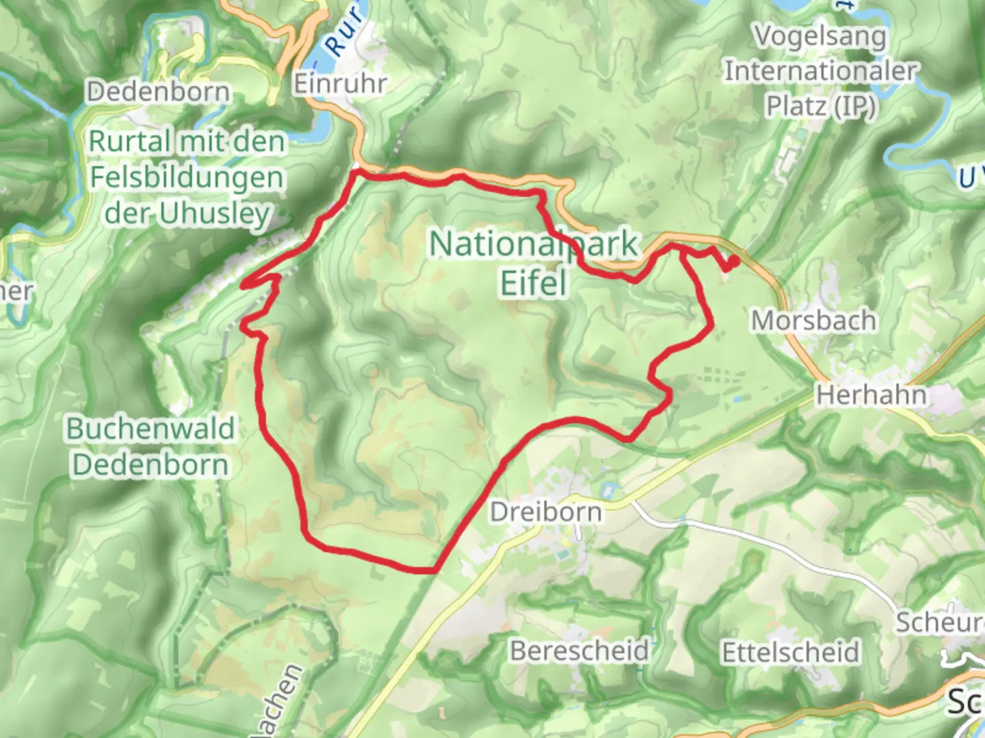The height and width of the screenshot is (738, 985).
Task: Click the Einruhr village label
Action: tap(340, 84)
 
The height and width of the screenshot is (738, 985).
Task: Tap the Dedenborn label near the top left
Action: tap(158, 92)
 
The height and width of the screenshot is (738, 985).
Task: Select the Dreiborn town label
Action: tap(546, 512)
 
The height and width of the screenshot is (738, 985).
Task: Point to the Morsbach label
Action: tap(813, 320)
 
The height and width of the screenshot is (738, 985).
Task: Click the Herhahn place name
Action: tap(871, 395)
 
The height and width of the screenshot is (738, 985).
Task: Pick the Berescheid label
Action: tap(580, 651)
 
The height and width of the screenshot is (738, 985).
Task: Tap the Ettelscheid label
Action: tap(791, 652)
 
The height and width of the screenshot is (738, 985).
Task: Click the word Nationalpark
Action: tap(534, 244)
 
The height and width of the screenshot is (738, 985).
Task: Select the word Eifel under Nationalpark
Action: tap(534, 282)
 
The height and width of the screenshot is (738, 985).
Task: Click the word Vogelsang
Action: tap(820, 36)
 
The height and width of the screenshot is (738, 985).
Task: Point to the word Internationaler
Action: tap(820, 70)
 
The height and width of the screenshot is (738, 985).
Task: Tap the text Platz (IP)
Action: tap(820, 106)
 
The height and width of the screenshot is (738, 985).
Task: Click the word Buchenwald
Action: tap(150, 429)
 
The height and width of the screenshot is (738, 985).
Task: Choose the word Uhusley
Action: tap(215, 214)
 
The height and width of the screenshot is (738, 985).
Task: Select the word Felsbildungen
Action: tap(187, 178)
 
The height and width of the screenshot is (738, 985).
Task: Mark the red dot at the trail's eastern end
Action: tap(733, 261)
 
